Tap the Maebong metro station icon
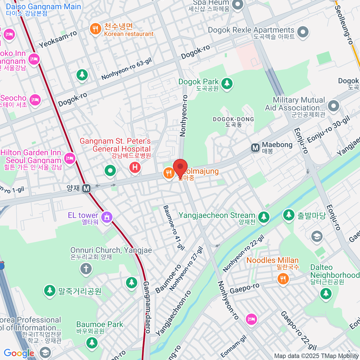pos(255,148)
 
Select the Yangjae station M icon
pos(86,188)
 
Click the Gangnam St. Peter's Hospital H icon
pos(135,167)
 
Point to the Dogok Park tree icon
pos(227,83)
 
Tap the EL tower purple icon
pos(106,217)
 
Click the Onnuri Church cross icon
pos(86,268)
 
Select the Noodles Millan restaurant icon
pos(283,279)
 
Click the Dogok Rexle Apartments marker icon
pos(303,32)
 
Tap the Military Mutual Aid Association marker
pos(333,105)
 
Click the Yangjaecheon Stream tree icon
pos(264,217)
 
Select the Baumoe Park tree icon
pos(92,342)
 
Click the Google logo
pos(19,353)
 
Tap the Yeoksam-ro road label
pos(58,39)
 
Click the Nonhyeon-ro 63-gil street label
pos(126,69)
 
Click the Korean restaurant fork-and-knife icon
pos(95,29)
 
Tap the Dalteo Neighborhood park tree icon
pos(326,293)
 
